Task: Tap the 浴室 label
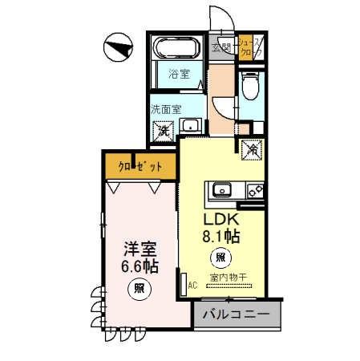click(x=178, y=74)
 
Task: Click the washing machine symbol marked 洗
click(x=164, y=128)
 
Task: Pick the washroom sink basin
click(x=192, y=125)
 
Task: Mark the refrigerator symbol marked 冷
click(x=251, y=148)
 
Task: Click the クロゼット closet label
click(x=135, y=166)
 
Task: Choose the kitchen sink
click(x=220, y=191)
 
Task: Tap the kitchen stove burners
click(x=254, y=191)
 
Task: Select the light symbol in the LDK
click(x=219, y=258)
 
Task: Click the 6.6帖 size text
click(x=140, y=266)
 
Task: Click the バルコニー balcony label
click(x=236, y=314)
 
